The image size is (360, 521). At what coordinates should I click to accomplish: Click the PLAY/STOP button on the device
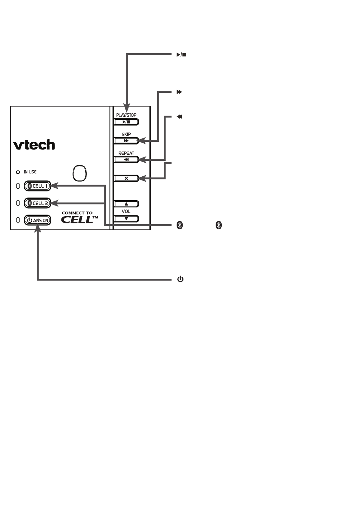pyautogui.click(x=126, y=122)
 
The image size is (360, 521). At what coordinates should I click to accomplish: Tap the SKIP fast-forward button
pyautogui.click(x=126, y=141)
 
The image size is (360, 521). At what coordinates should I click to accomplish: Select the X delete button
pyautogui.click(x=126, y=178)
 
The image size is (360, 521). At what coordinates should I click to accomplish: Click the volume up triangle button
pyautogui.click(x=126, y=204)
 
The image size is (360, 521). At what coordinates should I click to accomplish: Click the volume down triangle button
pyautogui.click(x=126, y=219)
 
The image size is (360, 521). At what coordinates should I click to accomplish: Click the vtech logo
pyautogui.click(x=34, y=145)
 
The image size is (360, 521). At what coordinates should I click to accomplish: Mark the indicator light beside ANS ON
pyautogui.click(x=18, y=220)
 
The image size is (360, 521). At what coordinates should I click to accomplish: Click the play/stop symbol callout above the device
pyautogui.click(x=181, y=55)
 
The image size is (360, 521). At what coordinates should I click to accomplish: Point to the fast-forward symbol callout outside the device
pyautogui.click(x=179, y=92)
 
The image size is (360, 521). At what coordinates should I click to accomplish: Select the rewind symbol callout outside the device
pyautogui.click(x=179, y=117)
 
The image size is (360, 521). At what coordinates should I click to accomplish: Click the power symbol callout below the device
pyautogui.click(x=180, y=279)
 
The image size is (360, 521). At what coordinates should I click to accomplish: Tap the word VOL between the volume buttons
pyautogui.click(x=126, y=212)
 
